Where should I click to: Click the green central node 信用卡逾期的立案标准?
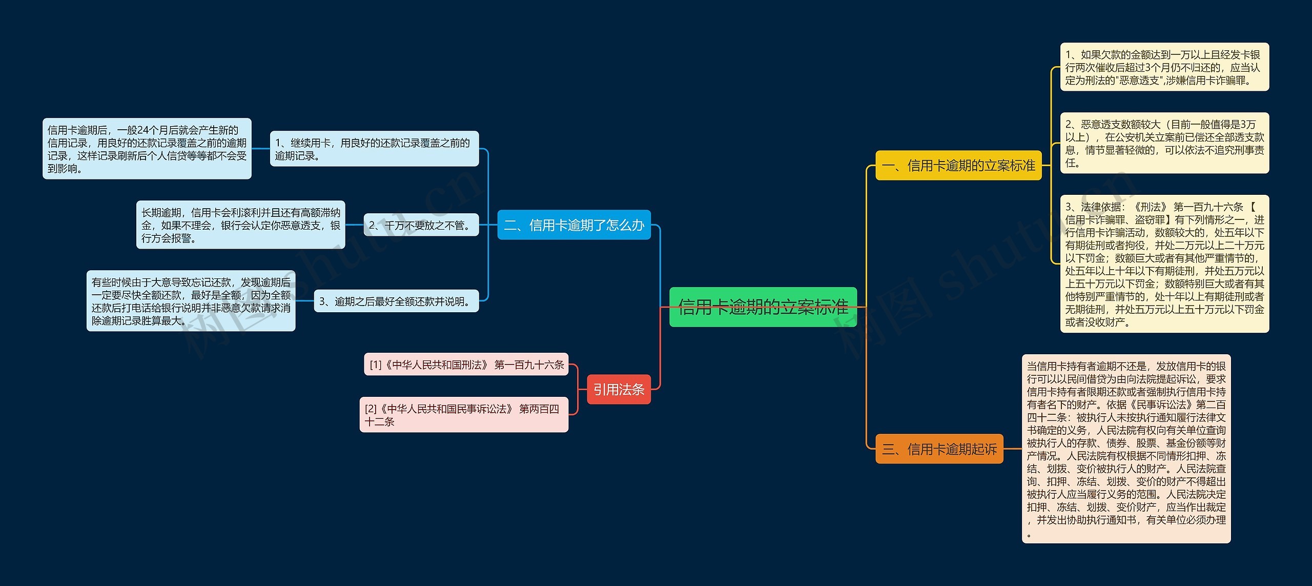[763, 307]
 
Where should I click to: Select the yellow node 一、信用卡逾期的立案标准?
[958, 166]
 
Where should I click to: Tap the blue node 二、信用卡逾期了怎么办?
[574, 225]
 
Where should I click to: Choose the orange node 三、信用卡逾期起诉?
[939, 449]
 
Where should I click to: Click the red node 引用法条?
[619, 390]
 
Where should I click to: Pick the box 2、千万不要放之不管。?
[421, 225]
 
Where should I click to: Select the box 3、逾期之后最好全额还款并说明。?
[396, 301]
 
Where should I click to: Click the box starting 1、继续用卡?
[374, 149]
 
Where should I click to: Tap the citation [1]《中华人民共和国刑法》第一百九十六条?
[466, 365]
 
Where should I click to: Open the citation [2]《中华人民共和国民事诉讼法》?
[464, 415]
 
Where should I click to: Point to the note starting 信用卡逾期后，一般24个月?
[147, 149]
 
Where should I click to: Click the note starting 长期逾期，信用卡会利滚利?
[241, 225]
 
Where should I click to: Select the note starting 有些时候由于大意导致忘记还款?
[191, 301]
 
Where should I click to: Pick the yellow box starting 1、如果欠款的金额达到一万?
[1164, 67]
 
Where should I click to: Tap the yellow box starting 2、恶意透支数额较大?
[1164, 143]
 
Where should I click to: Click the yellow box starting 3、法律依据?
[1164, 264]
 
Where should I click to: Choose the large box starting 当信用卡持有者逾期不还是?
[1126, 449]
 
